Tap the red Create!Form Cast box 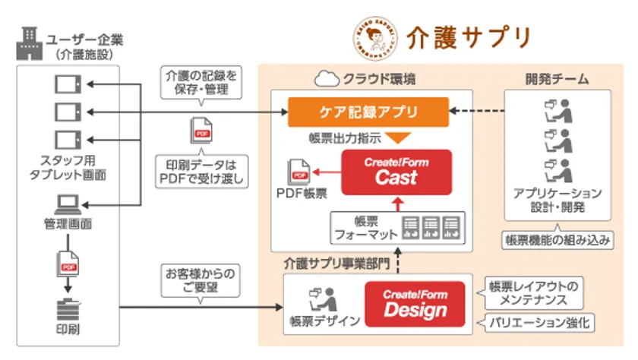pos(396,171)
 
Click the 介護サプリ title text pos(467,36)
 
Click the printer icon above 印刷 pos(68,309)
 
